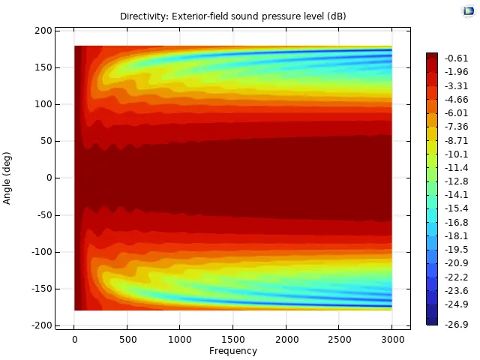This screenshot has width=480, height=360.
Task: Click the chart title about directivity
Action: pyautogui.click(x=232, y=16)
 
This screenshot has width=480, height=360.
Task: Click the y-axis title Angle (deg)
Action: pyautogui.click(x=7, y=178)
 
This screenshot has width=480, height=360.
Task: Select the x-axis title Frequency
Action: pyautogui.click(x=232, y=351)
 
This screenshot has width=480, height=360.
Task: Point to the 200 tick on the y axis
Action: pyautogui.click(x=43, y=31)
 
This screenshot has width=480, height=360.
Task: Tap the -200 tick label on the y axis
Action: pyautogui.click(x=41, y=325)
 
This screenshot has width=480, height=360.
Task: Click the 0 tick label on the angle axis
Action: pyautogui.click(x=49, y=178)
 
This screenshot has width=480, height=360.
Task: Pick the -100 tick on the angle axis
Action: pyautogui.click(x=41, y=252)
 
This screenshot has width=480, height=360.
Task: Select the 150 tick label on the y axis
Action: pyautogui.click(x=43, y=67)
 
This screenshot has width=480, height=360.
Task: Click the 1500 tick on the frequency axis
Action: pyautogui.click(x=232, y=340)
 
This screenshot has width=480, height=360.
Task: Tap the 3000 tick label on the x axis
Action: pyautogui.click(x=391, y=340)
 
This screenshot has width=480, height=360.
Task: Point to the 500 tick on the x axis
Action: pyautogui.click(x=127, y=340)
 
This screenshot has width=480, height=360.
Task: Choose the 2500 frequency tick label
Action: pyautogui.click(x=338, y=340)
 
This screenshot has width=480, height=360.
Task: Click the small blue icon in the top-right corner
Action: pyautogui.click(x=469, y=10)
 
